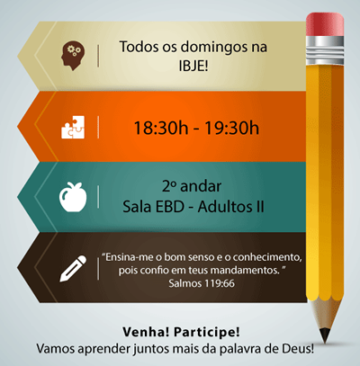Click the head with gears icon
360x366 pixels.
(73, 56)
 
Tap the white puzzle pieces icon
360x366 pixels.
(73, 128)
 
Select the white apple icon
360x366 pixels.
(73, 197)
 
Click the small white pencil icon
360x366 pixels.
(73, 268)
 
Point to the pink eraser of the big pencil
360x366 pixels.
(325, 24)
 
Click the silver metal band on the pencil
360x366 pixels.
(325, 50)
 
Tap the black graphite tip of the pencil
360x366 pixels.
(325, 335)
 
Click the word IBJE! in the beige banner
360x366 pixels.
(193, 66)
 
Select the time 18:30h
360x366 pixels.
(161, 128)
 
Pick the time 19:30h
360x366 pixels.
(231, 128)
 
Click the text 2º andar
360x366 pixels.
(192, 186)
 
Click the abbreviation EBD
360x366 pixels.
(170, 207)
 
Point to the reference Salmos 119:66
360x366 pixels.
(202, 283)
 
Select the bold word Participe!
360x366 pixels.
(207, 333)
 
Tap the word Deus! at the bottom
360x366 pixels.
(298, 349)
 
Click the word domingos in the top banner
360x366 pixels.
(214, 48)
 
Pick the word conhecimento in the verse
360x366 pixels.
(267, 257)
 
